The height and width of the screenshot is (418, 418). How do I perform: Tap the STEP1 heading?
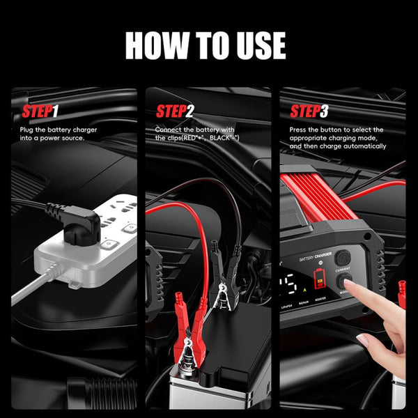coord(40,112)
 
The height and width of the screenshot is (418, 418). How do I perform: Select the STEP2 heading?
coord(175,112)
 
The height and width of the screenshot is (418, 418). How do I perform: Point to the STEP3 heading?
coord(309,112)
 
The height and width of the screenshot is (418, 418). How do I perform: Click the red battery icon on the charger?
coord(320,278)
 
